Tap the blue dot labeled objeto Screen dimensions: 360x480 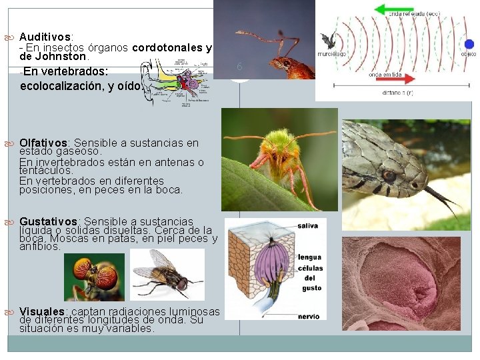pos(470,43)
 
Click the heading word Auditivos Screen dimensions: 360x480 pos(45,36)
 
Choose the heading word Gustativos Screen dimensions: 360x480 pos(49,221)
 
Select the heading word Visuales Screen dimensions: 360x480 pos(41,312)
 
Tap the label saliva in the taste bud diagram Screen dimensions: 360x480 pos(309,226)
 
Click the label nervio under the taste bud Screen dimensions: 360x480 pos(308,316)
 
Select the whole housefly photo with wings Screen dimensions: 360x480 pos(167,274)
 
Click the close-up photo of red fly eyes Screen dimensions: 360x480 pos(94,277)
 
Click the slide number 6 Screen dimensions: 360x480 pos(239,65)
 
